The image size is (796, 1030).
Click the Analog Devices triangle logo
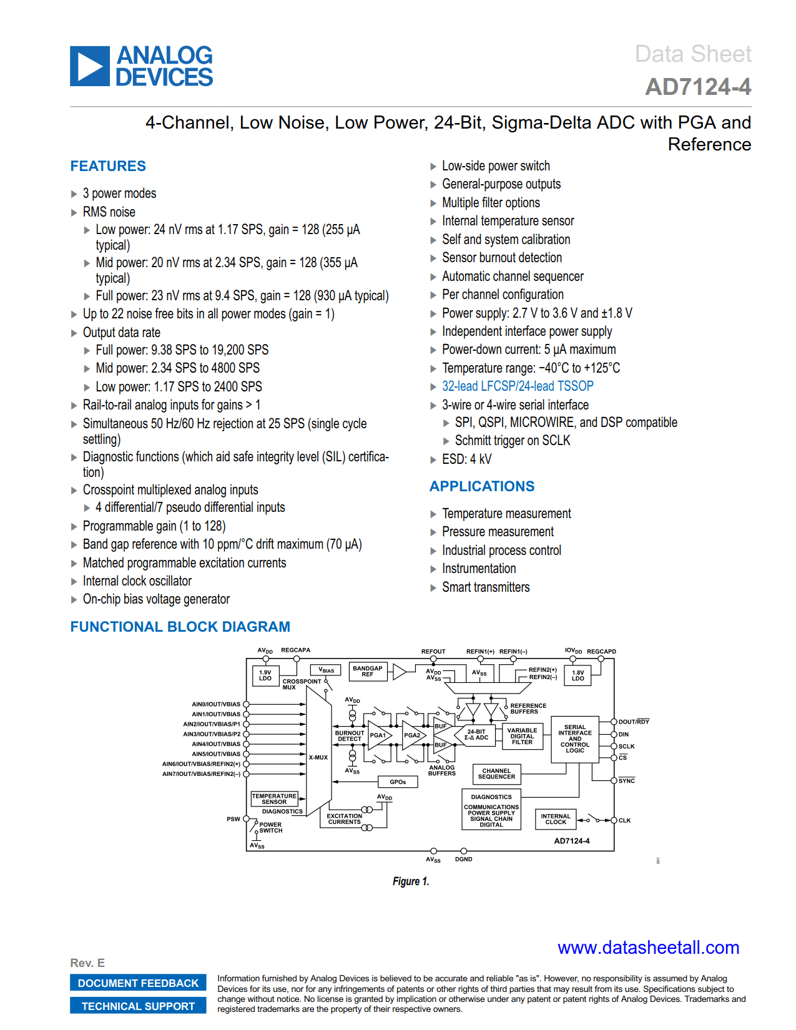90,66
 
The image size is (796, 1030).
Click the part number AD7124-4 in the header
697,87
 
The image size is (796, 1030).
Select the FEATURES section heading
108,166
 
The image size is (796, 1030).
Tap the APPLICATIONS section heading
482,486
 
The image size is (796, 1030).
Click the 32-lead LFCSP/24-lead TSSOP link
517,386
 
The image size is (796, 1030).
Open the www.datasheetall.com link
648,947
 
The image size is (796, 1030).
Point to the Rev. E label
87,963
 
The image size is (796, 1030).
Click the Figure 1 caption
411,881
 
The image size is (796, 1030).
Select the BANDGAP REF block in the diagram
368,671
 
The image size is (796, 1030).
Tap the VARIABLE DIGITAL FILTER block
522,736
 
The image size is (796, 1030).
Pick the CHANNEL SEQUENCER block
496,773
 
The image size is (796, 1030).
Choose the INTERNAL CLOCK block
556,819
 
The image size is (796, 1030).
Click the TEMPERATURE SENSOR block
274,798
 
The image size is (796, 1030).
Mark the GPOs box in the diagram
398,782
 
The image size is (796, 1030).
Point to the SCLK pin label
626,746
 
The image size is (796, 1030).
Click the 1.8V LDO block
578,675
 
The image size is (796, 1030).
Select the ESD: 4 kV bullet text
466,459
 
